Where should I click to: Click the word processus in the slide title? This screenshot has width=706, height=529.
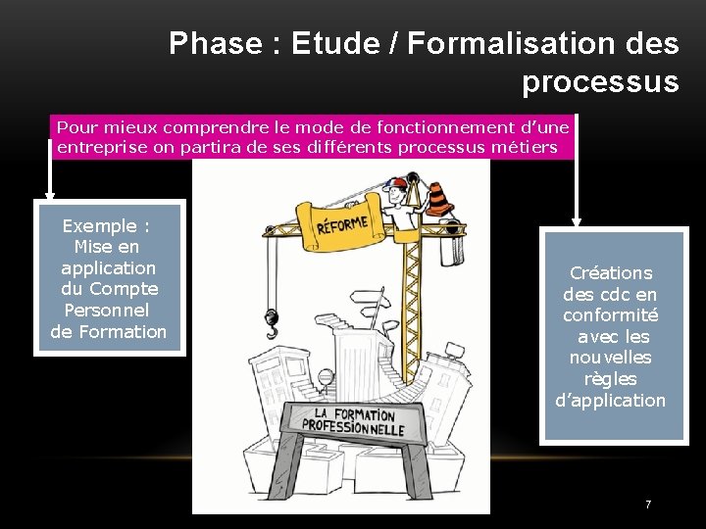(x=599, y=82)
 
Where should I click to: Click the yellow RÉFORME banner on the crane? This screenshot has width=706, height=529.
(x=342, y=226)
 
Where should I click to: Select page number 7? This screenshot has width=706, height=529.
(x=647, y=505)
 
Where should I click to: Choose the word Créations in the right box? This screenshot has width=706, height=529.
(x=611, y=273)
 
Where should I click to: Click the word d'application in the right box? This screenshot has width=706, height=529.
(x=610, y=400)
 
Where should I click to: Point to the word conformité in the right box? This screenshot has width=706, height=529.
(x=610, y=315)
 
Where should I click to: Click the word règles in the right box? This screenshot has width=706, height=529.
(x=610, y=378)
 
